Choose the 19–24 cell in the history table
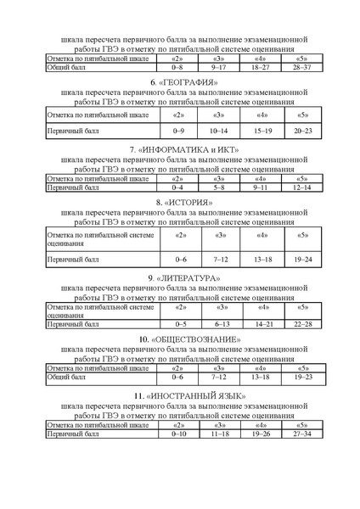coord(303,258)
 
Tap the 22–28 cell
coord(303,324)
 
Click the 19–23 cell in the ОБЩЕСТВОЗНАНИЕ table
coord(303,377)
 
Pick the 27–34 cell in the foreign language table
coord(303,433)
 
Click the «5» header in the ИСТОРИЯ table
coord(303,235)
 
